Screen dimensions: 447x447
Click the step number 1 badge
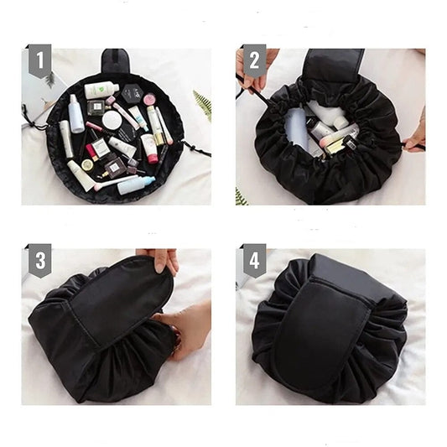40,60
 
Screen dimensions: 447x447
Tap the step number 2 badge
254,60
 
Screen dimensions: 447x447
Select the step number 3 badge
40,261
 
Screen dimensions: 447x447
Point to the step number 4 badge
254,261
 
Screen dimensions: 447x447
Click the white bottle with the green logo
101,89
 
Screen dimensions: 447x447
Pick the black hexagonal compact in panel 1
131,94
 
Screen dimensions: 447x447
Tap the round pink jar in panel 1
149,100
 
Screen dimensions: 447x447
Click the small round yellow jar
87,164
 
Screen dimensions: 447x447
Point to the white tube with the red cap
148,148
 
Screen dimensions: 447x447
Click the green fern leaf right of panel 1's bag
203,104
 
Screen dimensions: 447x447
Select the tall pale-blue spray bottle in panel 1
75,113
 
